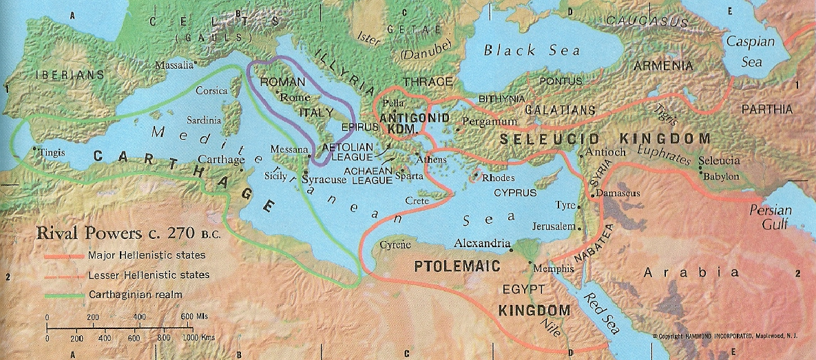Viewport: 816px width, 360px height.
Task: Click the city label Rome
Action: tap(296, 98)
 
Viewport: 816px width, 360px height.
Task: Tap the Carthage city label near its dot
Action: tap(221, 160)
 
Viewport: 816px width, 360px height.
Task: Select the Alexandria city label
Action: tap(482, 243)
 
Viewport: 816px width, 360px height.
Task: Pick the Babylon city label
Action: tap(721, 176)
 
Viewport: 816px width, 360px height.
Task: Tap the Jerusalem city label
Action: tap(553, 226)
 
